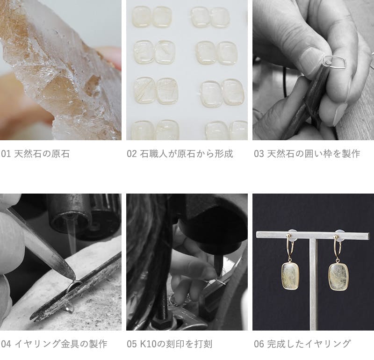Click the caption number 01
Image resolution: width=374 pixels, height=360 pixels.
[6, 154]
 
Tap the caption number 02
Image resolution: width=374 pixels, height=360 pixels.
[132, 154]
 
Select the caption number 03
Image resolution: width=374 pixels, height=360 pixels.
[259, 154]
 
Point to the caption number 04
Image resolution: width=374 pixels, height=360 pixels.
[6, 344]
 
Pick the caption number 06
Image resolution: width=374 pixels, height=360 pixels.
[259, 344]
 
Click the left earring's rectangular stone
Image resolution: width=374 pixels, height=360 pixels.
[290, 276]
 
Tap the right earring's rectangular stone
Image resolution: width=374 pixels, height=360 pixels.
[338, 277]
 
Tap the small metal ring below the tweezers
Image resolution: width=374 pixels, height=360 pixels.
[70, 309]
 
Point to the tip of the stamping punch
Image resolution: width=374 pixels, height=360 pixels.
[219, 278]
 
